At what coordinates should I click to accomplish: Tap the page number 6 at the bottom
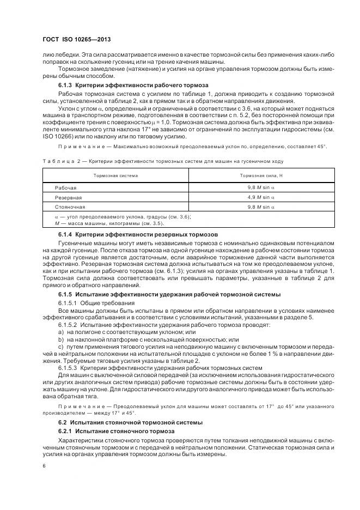(x=44, y=466)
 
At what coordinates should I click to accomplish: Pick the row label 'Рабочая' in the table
(x=65, y=187)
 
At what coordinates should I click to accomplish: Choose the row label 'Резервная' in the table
(x=68, y=197)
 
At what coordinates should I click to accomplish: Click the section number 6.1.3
(x=66, y=86)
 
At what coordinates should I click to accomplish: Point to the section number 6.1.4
(x=66, y=234)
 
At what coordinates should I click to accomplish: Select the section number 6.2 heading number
(x=63, y=422)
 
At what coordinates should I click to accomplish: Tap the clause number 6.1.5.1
(x=68, y=303)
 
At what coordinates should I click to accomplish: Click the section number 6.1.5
(x=66, y=294)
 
